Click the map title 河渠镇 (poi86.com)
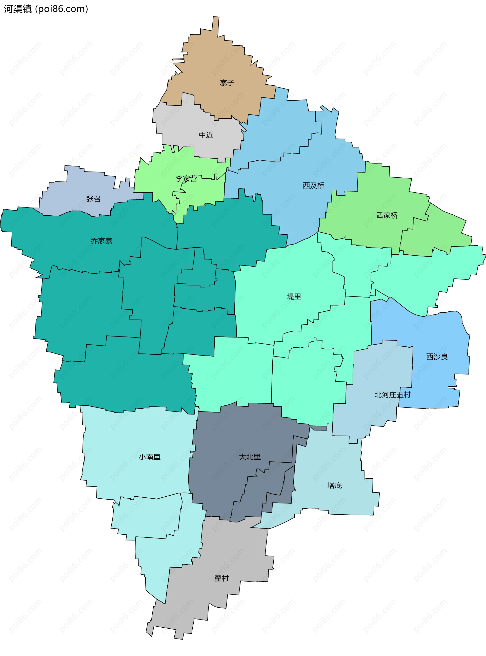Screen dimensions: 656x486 (x=46, y=9)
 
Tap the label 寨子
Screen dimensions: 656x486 (x=227, y=83)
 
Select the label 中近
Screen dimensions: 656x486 (x=206, y=135)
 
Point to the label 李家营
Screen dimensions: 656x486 (x=186, y=179)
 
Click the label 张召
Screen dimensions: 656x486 (x=93, y=199)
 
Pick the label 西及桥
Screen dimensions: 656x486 (x=313, y=186)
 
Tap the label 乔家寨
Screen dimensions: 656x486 (x=102, y=241)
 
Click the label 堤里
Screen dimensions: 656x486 (x=294, y=296)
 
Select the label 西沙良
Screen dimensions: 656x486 (x=437, y=357)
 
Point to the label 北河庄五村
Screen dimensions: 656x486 (x=392, y=395)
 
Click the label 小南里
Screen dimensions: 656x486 (x=149, y=457)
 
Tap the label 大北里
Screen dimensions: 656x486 (x=250, y=457)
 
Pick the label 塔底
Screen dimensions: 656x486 (x=334, y=485)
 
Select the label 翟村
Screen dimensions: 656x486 (x=221, y=578)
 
